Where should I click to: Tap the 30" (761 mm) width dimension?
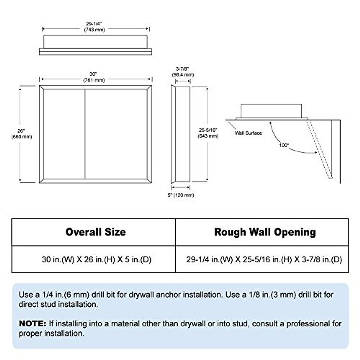tap(94, 77)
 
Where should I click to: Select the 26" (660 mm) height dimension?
tap(21, 134)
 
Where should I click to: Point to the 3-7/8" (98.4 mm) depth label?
tap(183, 72)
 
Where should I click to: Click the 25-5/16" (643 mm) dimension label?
tap(208, 133)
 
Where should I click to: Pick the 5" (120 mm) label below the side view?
tap(181, 195)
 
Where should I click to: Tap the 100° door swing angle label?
tap(284, 145)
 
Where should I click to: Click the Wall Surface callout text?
tap(248, 133)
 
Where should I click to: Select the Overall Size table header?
tap(95, 232)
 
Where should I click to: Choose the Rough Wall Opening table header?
tap(265, 232)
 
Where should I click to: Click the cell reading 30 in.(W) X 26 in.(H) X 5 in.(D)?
tap(96, 259)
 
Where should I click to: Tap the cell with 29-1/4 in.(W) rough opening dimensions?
tap(264, 259)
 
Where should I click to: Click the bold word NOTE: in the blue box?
tap(32, 323)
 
